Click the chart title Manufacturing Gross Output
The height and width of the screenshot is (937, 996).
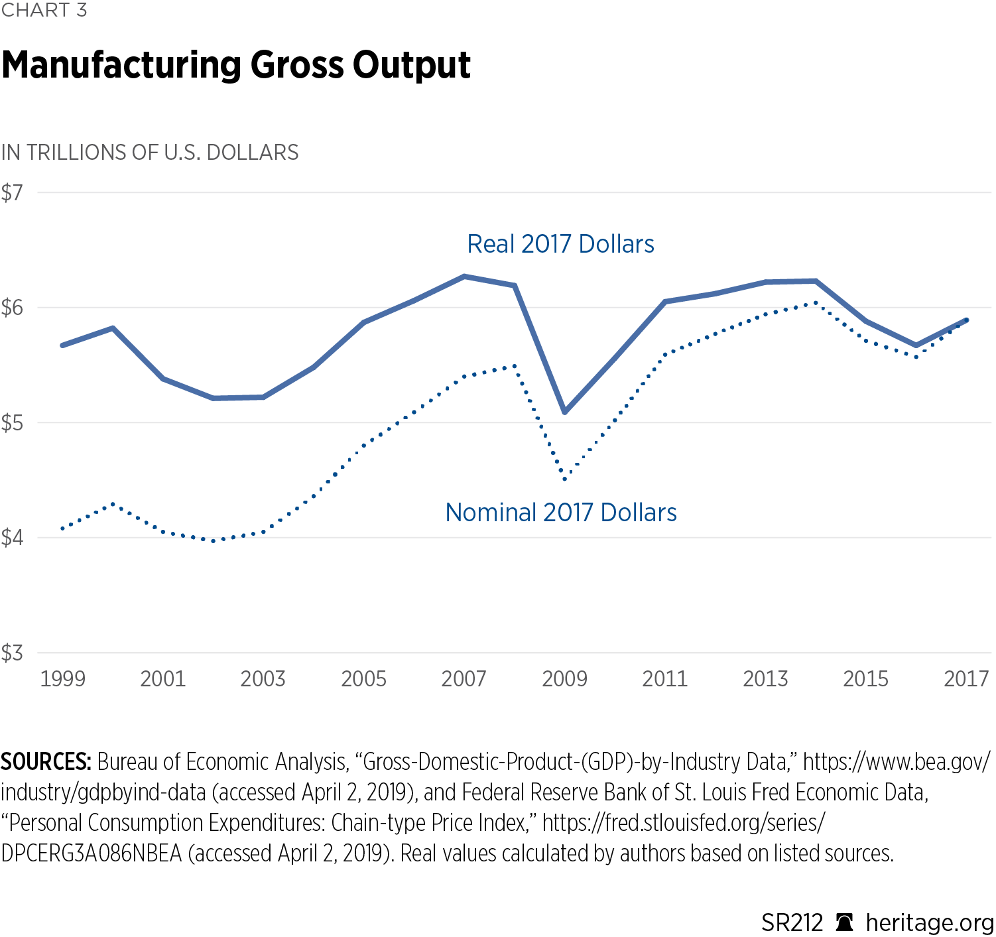(236, 66)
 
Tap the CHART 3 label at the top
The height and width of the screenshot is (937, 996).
(44, 11)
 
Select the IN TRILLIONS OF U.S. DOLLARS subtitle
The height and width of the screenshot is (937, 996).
(150, 153)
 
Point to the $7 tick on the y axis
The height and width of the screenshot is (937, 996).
(12, 193)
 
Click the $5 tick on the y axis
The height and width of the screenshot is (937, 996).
(12, 423)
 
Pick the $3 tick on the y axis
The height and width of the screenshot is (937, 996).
(12, 653)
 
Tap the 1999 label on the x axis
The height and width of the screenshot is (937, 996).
(62, 679)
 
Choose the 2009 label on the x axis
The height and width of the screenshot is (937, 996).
(564, 679)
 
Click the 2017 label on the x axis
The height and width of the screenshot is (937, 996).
(966, 679)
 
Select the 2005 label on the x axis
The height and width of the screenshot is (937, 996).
(363, 679)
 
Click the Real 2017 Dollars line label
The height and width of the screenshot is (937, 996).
(560, 244)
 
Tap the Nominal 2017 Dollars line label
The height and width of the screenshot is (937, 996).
(561, 513)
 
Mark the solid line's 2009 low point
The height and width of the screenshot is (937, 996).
(565, 412)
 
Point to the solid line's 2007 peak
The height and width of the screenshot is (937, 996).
(464, 276)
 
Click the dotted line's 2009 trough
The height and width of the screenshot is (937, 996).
(565, 479)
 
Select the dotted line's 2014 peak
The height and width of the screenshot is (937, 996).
(816, 302)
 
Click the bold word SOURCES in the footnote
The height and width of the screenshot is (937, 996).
(46, 762)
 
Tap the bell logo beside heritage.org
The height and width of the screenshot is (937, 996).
(844, 922)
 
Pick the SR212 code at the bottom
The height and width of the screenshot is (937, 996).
(792, 922)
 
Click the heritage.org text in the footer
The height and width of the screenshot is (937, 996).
(929, 922)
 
